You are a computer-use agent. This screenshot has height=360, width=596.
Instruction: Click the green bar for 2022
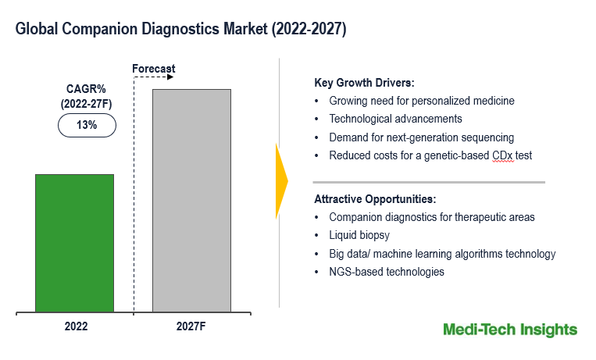click(x=74, y=243)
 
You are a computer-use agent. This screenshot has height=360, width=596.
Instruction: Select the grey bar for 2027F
click(x=191, y=201)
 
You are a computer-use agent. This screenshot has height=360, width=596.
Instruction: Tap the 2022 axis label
click(x=76, y=327)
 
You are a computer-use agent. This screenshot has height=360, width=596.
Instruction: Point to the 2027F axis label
click(x=191, y=327)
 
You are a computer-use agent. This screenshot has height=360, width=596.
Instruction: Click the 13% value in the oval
click(x=87, y=125)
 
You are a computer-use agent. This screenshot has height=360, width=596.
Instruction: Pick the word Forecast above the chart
click(x=153, y=69)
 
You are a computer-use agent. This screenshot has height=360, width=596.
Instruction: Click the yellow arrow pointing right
click(x=282, y=180)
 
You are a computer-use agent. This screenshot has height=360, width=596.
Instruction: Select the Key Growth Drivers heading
click(x=364, y=83)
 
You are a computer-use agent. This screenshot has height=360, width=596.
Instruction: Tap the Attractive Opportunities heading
click(x=375, y=199)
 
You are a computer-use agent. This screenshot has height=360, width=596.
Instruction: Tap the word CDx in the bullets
click(x=501, y=155)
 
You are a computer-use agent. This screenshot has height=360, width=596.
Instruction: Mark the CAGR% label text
click(x=87, y=90)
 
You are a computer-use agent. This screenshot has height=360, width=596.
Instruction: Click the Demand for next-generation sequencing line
click(x=421, y=137)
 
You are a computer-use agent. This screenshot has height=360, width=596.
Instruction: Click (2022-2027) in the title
click(x=305, y=29)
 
